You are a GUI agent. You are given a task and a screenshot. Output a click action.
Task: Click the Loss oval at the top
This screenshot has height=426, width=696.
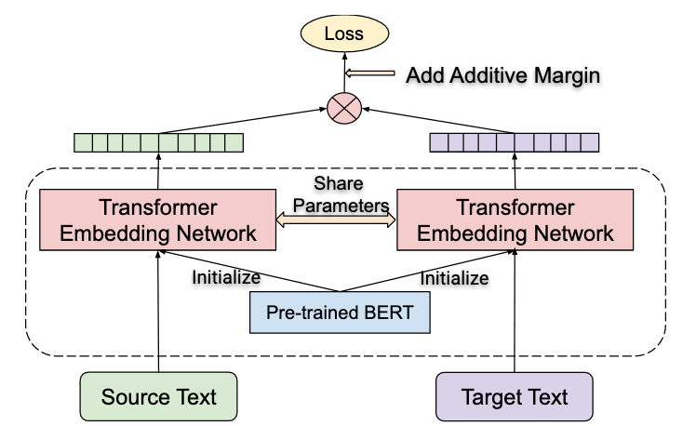344,34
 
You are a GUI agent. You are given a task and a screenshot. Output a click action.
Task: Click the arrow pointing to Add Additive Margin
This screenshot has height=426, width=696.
370,73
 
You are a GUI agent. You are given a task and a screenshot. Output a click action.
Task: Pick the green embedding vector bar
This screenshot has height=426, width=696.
157,143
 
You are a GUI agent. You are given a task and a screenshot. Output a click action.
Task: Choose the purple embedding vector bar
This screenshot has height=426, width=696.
514,142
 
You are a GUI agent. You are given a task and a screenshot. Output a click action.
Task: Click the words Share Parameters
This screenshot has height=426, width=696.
337,193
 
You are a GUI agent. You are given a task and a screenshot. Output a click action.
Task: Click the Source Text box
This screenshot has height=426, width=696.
158,397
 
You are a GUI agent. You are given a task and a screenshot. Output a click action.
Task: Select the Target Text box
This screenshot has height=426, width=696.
514,397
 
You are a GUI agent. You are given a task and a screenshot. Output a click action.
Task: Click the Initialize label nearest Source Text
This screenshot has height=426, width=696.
226,276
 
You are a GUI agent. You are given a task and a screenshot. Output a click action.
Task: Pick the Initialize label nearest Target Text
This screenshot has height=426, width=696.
454,277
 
